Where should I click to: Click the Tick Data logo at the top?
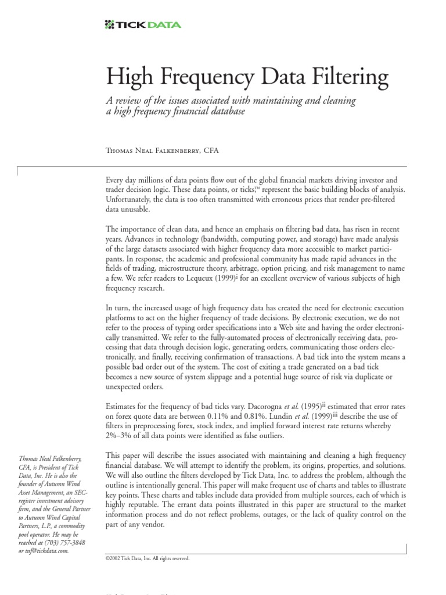click(x=142, y=24)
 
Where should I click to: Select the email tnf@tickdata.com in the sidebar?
click(x=43, y=551)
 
